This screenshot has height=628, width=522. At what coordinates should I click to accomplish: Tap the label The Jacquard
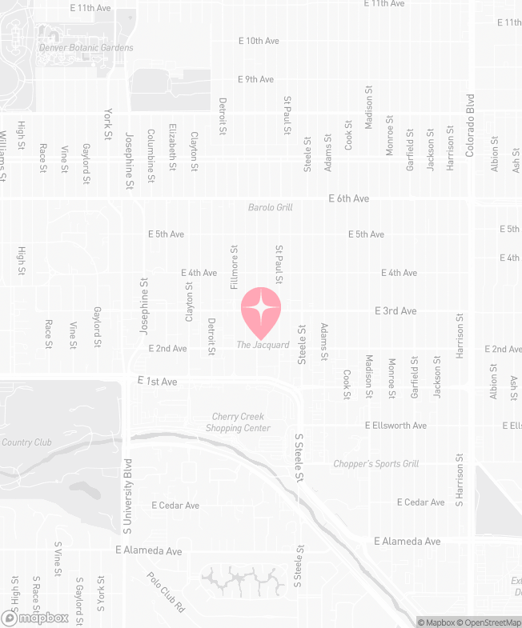click(263, 345)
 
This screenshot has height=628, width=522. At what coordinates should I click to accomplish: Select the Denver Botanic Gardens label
click(86, 48)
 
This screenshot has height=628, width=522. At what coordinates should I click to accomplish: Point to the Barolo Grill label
click(270, 207)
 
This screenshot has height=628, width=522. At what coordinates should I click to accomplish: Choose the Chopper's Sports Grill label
click(376, 464)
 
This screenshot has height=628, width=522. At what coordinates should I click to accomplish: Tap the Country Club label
click(26, 442)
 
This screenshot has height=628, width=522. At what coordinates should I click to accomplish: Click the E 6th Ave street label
click(349, 198)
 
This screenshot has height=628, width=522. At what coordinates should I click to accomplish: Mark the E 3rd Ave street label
click(396, 310)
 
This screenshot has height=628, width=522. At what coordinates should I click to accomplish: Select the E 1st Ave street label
click(157, 382)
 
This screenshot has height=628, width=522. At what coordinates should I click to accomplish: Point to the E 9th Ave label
click(256, 79)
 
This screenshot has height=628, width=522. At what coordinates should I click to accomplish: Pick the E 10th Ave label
click(259, 40)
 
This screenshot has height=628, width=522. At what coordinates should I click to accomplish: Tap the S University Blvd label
click(126, 497)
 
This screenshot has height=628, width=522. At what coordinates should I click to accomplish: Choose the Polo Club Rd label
click(166, 593)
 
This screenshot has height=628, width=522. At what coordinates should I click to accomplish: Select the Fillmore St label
click(235, 267)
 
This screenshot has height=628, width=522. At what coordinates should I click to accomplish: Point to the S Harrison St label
click(460, 480)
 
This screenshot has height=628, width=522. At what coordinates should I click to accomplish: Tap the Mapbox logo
click(36, 618)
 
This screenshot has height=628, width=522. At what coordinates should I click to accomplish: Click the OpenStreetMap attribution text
click(490, 622)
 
